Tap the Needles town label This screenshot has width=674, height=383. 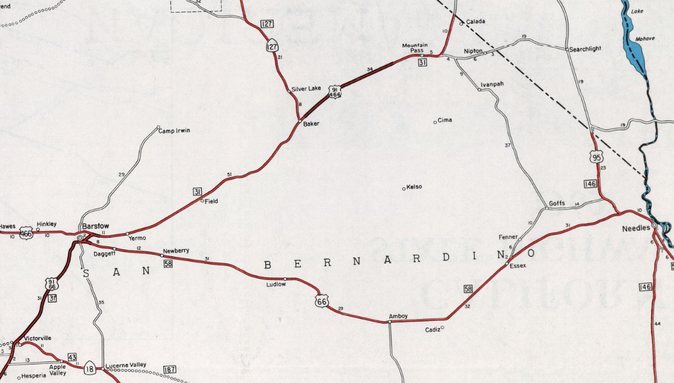coord(636,228)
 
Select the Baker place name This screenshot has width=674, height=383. coord(311,124)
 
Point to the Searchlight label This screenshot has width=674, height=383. coord(585,49)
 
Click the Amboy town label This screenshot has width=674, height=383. coord(398,316)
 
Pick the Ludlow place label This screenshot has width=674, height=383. coord(276,284)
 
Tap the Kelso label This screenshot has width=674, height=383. coord(414,187)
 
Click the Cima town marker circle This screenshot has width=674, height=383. coord(435,122)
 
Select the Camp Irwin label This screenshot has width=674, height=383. coord(174,131)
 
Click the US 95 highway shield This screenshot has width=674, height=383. coord(596,156)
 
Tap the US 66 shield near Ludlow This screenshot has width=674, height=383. coord(321,301)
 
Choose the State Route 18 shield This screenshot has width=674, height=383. coord(89,368)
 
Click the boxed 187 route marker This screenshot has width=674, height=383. coord(170,370)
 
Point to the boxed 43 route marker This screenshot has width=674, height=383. coord(72,357)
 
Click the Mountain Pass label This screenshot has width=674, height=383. coord(414,48)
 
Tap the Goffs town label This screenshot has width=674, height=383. coord(557,203)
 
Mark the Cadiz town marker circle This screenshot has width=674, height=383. coord(442,327)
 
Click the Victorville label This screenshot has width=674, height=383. coord(37,338)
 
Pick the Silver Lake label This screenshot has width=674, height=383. coord(306,88)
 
